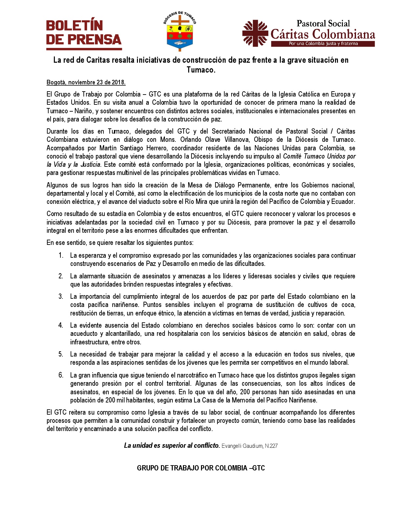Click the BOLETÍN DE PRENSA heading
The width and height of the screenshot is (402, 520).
tap(84, 32)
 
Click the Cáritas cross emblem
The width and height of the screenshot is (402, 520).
tap(255, 33)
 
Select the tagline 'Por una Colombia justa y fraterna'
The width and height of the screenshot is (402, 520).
tap(323, 44)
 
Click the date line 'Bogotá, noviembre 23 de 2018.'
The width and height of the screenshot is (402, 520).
tap(86, 82)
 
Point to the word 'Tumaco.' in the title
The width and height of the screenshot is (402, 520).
tap(201, 70)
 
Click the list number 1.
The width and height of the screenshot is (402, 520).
tap(61, 255)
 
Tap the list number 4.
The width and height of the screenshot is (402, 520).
tap(61, 325)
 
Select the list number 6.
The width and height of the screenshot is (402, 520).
tap(61, 375)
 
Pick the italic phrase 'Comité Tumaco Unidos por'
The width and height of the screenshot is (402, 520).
tap(319, 156)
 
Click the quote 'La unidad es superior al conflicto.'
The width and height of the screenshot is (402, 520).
tap(172, 445)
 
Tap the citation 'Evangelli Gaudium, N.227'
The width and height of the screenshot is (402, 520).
tap(250, 446)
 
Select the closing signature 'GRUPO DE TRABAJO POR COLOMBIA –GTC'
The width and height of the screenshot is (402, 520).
tap(201, 468)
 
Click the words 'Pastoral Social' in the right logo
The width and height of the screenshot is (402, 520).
tap(323, 24)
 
